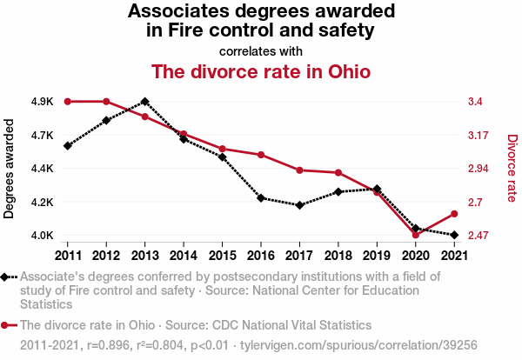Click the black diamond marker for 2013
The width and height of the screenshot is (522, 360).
[x=144, y=102]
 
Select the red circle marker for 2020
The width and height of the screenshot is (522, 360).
[x=415, y=235]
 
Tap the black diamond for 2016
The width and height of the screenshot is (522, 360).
[x=261, y=198]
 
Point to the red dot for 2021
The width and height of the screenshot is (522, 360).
[x=453, y=214]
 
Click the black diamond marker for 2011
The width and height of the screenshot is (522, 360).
[x=67, y=145]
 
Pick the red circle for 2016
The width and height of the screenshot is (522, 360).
[x=261, y=155]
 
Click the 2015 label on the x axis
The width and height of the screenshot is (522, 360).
[x=222, y=255]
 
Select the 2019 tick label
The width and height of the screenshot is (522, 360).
[x=377, y=255]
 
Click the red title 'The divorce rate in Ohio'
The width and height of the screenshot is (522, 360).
[x=261, y=70]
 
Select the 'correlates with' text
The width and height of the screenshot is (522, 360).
[x=261, y=50]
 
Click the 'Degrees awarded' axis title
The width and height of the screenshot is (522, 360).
[x=10, y=169]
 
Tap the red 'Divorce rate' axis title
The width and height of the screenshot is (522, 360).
[x=512, y=169]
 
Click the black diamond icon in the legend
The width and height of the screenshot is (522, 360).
[x=7, y=277]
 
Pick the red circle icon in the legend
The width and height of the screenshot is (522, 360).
[x=7, y=325]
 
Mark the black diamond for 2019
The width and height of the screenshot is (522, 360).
[x=377, y=189]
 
